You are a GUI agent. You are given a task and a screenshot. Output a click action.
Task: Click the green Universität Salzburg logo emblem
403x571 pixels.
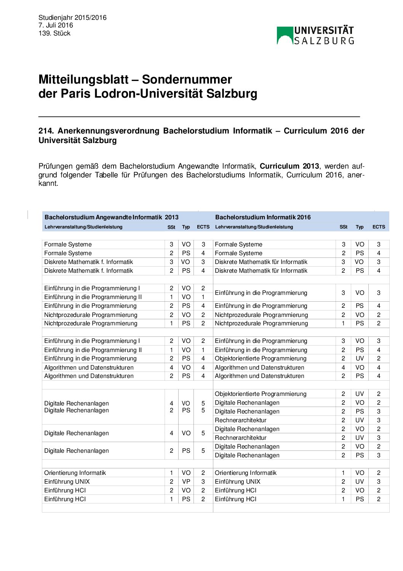(285, 35)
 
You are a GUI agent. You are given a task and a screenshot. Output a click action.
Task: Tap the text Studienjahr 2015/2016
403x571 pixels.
(72, 18)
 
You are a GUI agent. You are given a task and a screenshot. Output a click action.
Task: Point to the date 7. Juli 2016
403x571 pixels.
(56, 25)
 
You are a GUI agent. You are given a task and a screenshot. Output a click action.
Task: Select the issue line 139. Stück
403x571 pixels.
(54, 33)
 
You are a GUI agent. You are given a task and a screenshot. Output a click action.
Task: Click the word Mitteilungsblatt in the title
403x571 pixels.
(83, 79)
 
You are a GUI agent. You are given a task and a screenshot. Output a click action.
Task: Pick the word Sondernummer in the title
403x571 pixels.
(187, 79)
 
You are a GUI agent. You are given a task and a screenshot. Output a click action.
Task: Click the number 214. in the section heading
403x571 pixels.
(46, 131)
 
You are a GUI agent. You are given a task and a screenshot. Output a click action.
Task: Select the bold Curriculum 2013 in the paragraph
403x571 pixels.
(289, 166)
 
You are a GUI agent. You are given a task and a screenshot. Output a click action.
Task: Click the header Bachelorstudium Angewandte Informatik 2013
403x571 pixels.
(111, 217)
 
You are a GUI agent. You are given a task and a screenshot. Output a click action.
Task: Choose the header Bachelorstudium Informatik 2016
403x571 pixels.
(263, 217)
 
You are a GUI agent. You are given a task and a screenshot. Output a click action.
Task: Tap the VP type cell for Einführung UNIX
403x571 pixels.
(186, 481)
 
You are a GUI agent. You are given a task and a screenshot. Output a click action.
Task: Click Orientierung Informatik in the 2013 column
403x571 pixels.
(75, 473)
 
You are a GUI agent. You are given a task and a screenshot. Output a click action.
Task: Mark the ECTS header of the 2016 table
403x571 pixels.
(379, 227)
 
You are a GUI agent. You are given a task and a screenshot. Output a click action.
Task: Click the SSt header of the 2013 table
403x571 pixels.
(171, 227)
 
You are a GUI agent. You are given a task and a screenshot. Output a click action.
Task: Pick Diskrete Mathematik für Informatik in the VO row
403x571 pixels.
(261, 262)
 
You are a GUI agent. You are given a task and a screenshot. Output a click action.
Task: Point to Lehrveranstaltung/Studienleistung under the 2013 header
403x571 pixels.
(83, 227)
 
